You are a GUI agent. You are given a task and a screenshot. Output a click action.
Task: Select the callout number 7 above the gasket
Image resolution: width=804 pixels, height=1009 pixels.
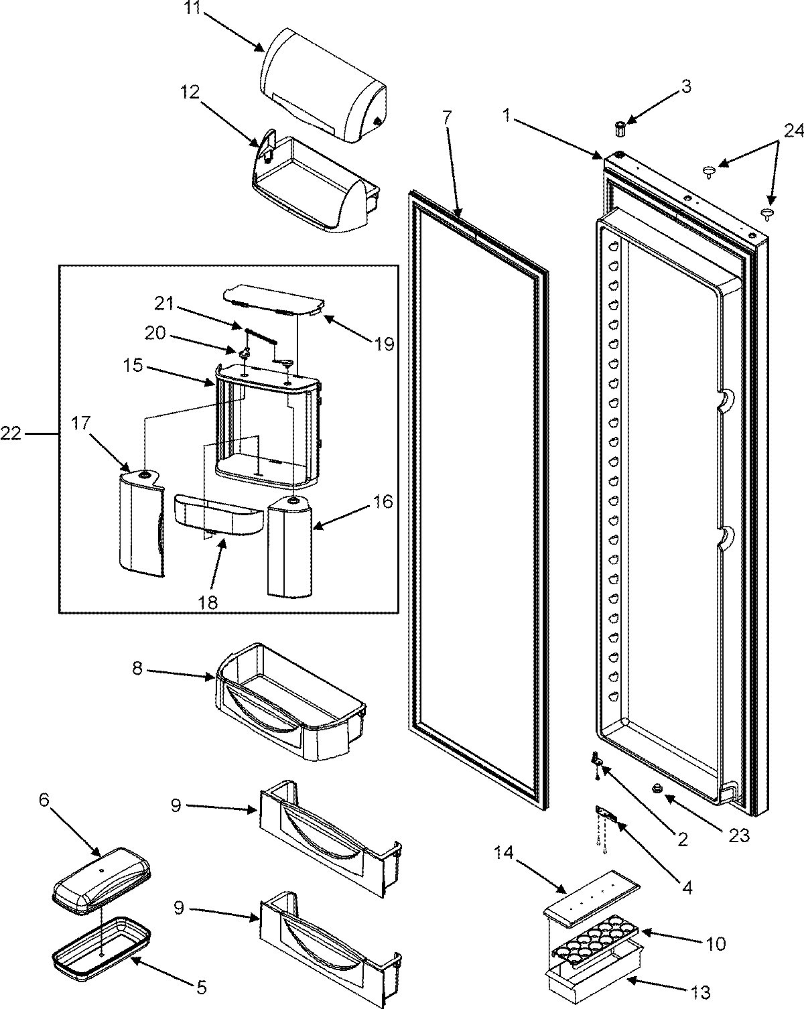(x=446, y=118)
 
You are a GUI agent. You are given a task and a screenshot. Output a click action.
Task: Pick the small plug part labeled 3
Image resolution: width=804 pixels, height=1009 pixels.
(x=620, y=127)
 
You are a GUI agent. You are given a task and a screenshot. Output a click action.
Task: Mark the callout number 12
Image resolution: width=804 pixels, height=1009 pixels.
(x=190, y=92)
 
